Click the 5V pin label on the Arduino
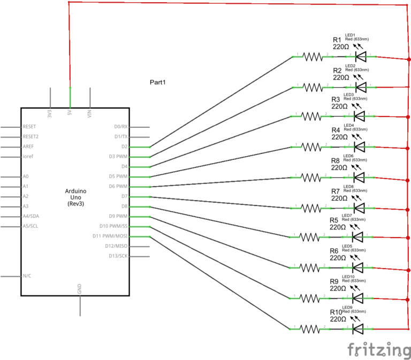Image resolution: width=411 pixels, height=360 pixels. click(x=70, y=113)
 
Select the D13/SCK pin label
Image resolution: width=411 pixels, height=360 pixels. click(x=117, y=256)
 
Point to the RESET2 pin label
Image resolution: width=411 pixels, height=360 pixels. click(x=31, y=136)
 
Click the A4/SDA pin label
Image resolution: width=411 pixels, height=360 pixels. click(x=33, y=216)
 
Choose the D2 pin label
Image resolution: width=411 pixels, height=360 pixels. click(x=124, y=147)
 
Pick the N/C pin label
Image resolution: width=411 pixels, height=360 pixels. click(x=27, y=276)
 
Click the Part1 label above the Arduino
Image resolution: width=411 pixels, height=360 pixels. click(x=158, y=82)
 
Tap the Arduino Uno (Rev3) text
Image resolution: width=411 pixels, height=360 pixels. click(x=75, y=197)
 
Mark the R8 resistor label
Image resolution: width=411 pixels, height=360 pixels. click(x=336, y=160)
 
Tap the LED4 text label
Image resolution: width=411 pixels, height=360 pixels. click(x=348, y=126)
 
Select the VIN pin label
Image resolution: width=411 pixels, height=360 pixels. click(x=90, y=113)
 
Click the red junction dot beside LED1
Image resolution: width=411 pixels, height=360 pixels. click(x=409, y=59)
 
